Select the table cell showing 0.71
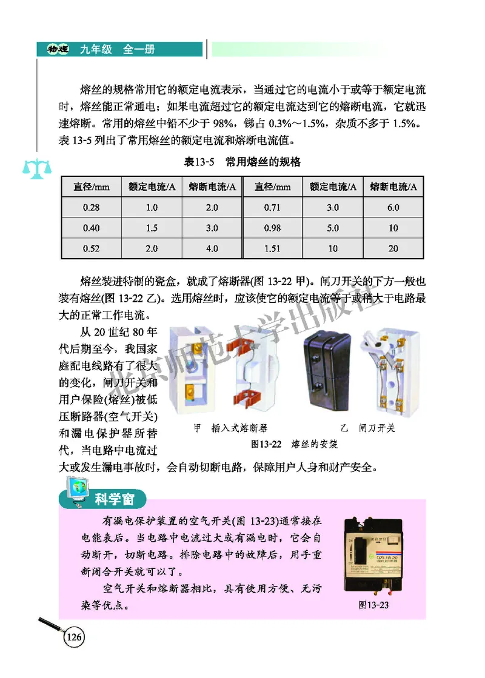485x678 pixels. pos(272,208)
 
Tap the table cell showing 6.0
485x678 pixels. pos(393,208)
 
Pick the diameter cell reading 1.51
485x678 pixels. pos(272,248)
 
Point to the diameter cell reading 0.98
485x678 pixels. pos(272,228)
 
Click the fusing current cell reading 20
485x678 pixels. pos(393,248)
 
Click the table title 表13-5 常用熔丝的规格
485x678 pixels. pos(242,162)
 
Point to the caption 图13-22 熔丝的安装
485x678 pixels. pos(293,444)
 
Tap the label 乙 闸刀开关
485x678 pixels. pos(367,428)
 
